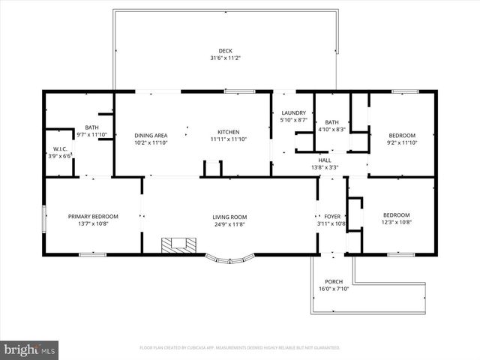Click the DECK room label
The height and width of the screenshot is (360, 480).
(225, 51)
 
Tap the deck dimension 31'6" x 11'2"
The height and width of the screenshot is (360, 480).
(225, 58)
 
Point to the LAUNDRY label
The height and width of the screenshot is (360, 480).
(292, 113)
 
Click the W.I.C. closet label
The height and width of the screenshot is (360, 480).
(60, 148)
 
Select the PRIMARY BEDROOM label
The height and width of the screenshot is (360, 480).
(93, 217)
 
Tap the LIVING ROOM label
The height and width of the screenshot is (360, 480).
(229, 217)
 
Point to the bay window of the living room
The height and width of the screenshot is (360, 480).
(230, 259)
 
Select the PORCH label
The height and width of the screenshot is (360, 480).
(334, 282)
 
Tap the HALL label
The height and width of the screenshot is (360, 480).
(324, 160)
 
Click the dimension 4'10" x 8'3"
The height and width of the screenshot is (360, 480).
(331, 130)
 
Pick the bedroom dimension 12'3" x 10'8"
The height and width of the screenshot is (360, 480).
(397, 223)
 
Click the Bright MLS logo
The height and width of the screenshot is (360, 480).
(30, 349)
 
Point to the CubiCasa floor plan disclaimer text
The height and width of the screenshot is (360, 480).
(240, 348)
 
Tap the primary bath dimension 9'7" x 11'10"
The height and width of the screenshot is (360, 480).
(92, 135)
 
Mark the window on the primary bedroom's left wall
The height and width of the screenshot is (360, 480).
(44, 217)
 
